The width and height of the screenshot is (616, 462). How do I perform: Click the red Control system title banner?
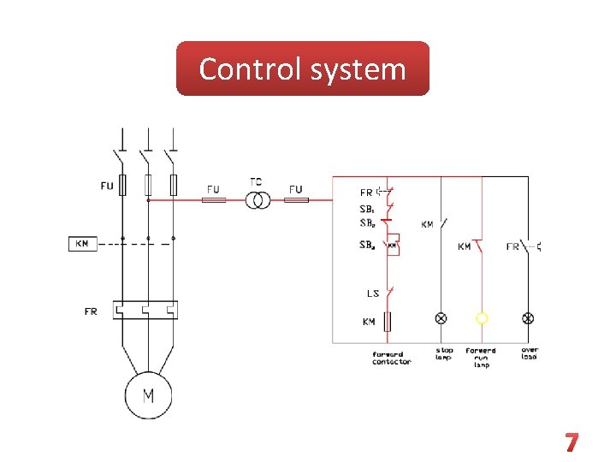click(x=302, y=68)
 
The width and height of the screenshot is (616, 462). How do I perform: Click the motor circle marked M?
click(x=148, y=396)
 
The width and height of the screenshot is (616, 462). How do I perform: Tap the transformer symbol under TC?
click(x=258, y=200)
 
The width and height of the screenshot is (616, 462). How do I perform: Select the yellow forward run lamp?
click(x=482, y=318)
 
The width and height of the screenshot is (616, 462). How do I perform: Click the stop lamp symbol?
click(x=441, y=318)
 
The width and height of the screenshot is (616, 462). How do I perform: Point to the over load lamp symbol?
click(x=528, y=318)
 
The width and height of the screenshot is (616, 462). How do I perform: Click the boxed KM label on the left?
click(x=82, y=244)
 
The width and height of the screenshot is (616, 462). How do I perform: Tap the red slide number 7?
click(x=572, y=442)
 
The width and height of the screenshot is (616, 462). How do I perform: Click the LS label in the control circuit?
click(x=373, y=293)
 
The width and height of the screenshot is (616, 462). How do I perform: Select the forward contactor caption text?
click(x=392, y=358)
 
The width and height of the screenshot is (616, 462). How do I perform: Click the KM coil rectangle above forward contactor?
click(x=388, y=322)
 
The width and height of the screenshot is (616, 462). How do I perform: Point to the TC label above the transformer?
click(x=257, y=182)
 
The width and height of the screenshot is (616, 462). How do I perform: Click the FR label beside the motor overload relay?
click(x=91, y=311)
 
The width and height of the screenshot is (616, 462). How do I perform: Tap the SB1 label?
click(x=368, y=209)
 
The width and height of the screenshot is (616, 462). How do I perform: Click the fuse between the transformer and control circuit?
click(x=296, y=200)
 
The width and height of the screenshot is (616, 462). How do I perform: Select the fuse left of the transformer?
click(x=213, y=200)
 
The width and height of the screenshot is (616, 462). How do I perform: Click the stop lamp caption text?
click(x=445, y=353)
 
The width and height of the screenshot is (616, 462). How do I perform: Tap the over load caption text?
click(x=530, y=353)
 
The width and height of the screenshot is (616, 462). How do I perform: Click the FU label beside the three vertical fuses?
click(x=106, y=186)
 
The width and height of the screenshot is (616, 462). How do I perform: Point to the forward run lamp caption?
click(x=481, y=358)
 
